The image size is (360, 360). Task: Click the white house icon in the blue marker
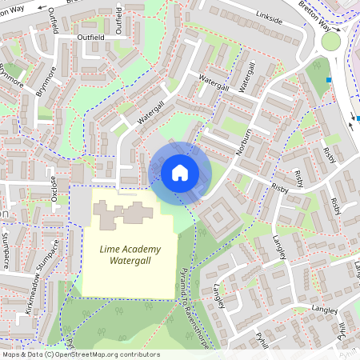point(180,172)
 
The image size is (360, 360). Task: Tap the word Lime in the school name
point(110,249)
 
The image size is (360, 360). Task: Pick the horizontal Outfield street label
point(91,36)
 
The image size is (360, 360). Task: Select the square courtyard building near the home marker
point(219,218)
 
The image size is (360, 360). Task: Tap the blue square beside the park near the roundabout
point(328,79)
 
